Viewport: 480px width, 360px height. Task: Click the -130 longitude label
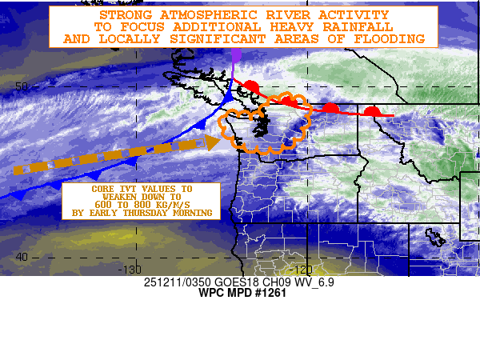pos(132,270)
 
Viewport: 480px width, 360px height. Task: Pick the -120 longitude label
pos(302,270)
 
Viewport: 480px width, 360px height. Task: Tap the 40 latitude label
pos(22,257)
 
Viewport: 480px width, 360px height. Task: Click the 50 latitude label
pos(22,86)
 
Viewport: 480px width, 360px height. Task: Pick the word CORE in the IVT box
pos(103,187)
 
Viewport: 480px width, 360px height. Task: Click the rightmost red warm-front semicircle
pos(371,111)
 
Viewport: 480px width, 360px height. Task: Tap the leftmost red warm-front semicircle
pos(251,85)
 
